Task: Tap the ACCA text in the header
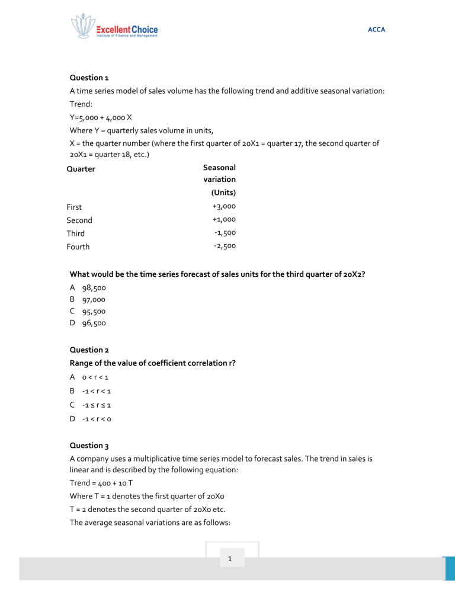click(377, 29)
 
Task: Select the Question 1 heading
click(89, 78)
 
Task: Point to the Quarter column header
click(81, 169)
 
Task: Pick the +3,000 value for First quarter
click(224, 206)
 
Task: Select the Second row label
click(79, 220)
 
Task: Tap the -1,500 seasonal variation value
click(225, 233)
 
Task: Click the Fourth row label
click(78, 247)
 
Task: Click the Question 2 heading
click(89, 350)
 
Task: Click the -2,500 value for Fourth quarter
click(225, 246)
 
